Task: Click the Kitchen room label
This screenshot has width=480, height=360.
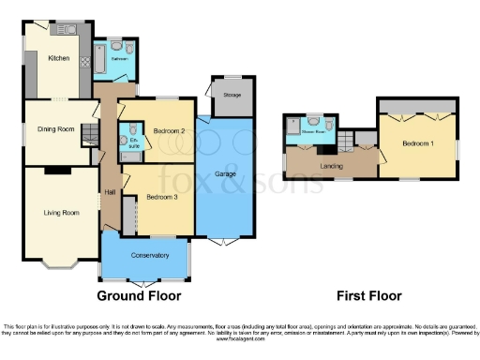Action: coord(59,57)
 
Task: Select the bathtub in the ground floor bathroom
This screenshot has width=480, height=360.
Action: coord(99,62)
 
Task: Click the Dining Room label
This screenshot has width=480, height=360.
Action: coord(54,128)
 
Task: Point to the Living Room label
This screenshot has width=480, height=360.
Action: coord(59,212)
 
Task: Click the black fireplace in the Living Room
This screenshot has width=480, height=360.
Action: coord(57,170)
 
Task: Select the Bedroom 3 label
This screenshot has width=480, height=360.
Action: coord(162,197)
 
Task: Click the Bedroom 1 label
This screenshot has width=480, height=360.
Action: coord(418,144)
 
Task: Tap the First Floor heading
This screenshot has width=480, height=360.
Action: coord(368,295)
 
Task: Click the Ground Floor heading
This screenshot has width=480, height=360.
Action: coord(139,295)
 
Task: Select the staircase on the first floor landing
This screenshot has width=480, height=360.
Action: coord(346,141)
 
